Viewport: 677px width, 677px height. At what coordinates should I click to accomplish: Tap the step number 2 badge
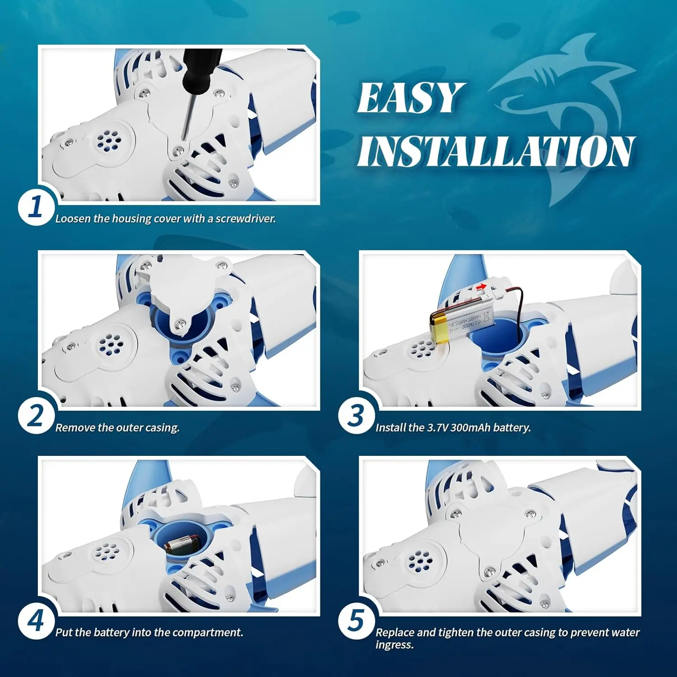[36, 416]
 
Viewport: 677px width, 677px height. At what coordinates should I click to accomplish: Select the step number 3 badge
[357, 416]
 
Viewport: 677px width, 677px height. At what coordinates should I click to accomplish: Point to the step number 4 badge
[36, 621]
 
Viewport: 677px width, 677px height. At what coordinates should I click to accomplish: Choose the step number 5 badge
[357, 621]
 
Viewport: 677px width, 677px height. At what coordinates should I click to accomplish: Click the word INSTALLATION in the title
[496, 151]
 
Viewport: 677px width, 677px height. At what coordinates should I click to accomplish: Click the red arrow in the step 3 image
[482, 287]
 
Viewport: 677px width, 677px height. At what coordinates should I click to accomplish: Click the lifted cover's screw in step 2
[181, 324]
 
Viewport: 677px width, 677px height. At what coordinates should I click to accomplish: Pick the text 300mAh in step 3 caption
[470, 428]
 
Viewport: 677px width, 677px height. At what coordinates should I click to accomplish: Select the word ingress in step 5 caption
[394, 645]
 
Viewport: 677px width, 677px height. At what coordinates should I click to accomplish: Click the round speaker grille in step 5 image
[421, 561]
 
